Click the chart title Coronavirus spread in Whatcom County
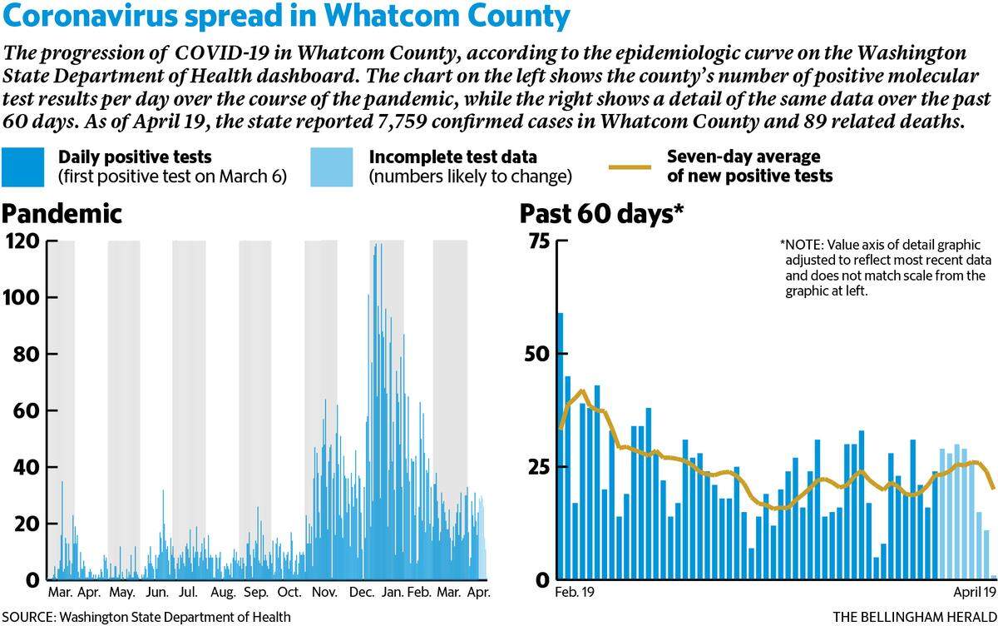[286, 17]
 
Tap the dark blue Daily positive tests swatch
[22, 167]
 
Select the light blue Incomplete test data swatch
[332, 167]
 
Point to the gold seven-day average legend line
[630, 167]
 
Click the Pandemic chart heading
[62, 214]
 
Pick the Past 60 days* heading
[601, 214]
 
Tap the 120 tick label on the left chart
[22, 241]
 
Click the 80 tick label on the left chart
[27, 354]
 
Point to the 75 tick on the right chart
[540, 241]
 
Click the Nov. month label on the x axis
[324, 593]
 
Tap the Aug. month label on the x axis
[223, 593]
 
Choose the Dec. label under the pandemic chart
[362, 593]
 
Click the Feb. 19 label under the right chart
[575, 592]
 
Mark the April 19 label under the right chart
[975, 593]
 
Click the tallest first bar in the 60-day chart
[561, 446]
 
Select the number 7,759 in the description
[402, 122]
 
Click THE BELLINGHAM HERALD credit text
[915, 617]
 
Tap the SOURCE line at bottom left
[146, 617]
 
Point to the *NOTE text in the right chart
[886, 268]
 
